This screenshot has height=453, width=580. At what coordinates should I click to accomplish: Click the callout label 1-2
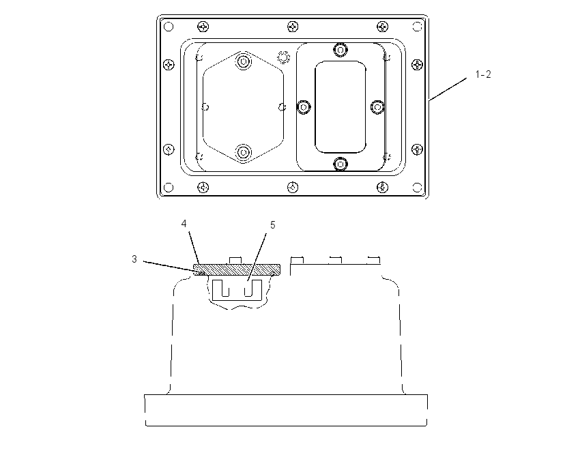(x=483, y=74)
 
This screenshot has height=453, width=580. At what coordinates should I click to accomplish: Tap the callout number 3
(x=134, y=259)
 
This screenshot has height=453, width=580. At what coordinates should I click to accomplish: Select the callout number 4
(x=184, y=224)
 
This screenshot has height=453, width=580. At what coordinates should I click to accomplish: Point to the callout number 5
(x=273, y=225)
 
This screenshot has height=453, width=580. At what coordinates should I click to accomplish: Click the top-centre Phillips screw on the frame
(x=293, y=27)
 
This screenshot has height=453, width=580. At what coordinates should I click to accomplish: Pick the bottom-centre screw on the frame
(x=293, y=188)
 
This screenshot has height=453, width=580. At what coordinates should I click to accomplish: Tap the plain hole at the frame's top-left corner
(x=169, y=27)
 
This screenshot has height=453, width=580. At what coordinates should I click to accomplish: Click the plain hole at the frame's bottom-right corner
(x=417, y=188)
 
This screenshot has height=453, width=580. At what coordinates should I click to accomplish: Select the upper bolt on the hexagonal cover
(x=243, y=61)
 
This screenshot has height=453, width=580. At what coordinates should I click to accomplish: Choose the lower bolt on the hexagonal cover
(x=243, y=152)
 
